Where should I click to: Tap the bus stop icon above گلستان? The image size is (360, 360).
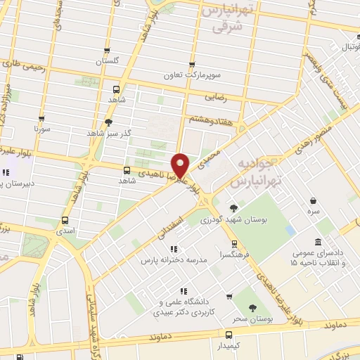point(107,50)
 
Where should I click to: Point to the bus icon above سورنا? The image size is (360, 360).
point(42,119)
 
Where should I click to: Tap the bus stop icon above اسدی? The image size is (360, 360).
point(65,219)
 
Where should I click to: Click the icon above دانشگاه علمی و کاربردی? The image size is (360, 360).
point(184,290)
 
